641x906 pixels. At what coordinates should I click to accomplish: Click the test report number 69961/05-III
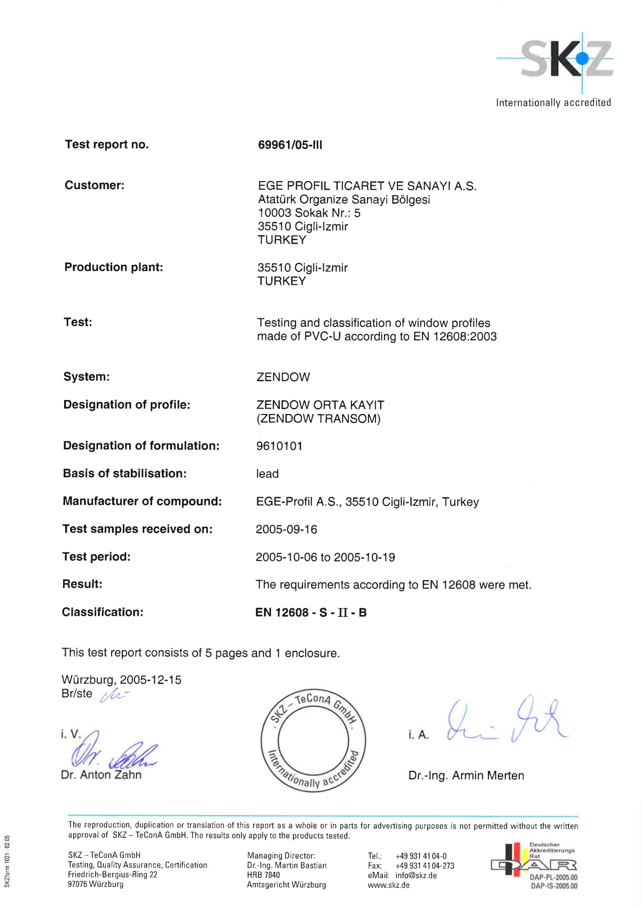click(290, 145)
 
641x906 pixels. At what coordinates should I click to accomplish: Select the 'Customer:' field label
click(95, 185)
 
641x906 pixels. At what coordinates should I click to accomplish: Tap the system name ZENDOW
click(283, 377)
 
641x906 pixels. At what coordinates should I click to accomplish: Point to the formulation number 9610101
click(279, 446)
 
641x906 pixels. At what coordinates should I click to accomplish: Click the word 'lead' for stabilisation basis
click(267, 474)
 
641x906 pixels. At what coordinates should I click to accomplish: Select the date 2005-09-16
click(286, 529)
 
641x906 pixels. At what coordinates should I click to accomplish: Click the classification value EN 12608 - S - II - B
click(311, 613)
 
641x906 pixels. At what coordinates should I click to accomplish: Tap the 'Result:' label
click(82, 584)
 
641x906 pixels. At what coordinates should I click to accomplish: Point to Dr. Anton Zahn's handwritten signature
click(112, 752)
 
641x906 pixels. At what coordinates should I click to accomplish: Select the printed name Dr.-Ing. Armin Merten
click(466, 776)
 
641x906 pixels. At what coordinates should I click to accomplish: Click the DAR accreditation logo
click(534, 864)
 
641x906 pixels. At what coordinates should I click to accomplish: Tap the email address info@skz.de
click(416, 876)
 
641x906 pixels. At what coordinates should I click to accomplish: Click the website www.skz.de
click(388, 885)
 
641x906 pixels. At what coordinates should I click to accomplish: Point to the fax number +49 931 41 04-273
click(425, 866)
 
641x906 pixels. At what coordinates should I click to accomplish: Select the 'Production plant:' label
click(114, 267)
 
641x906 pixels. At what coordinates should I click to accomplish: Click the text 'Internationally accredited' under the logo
click(553, 103)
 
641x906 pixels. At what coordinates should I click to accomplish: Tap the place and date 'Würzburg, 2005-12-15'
click(121, 680)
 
